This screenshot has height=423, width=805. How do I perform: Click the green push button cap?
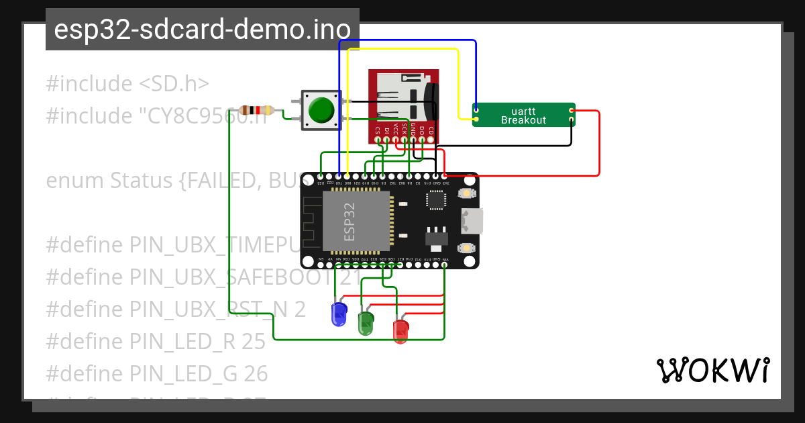(x=321, y=109)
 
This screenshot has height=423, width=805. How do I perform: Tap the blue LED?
(x=339, y=314)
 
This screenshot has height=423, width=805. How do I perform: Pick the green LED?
(x=366, y=322)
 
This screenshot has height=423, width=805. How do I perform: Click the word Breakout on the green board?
(x=523, y=121)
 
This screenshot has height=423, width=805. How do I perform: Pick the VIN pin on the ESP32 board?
(x=445, y=265)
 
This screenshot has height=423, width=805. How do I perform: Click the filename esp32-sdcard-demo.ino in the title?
(x=202, y=30)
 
